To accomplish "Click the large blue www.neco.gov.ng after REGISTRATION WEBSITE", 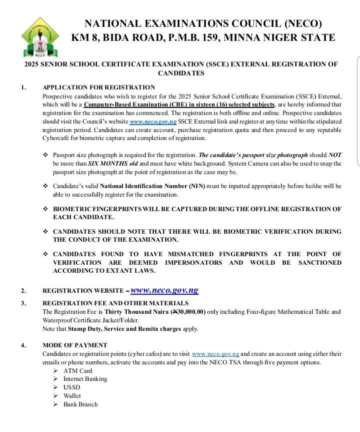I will [164, 290].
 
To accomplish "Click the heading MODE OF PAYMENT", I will [75, 345].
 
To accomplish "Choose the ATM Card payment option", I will [77, 371].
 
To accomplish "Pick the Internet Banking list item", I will [85, 379].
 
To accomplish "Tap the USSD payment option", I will [71, 387].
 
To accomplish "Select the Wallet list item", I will [72, 396].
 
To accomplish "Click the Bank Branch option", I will [80, 404].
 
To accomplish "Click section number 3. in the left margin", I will [23, 303].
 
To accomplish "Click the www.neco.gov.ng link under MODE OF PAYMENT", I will [215, 353].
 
